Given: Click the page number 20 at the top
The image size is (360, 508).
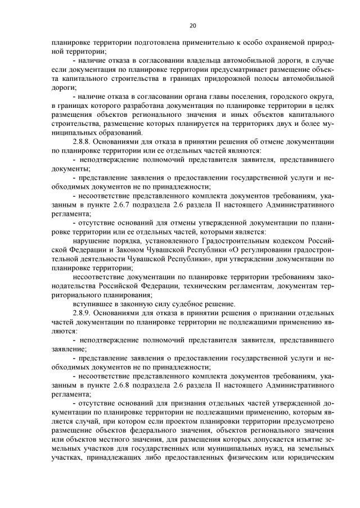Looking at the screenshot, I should (x=192, y=25).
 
